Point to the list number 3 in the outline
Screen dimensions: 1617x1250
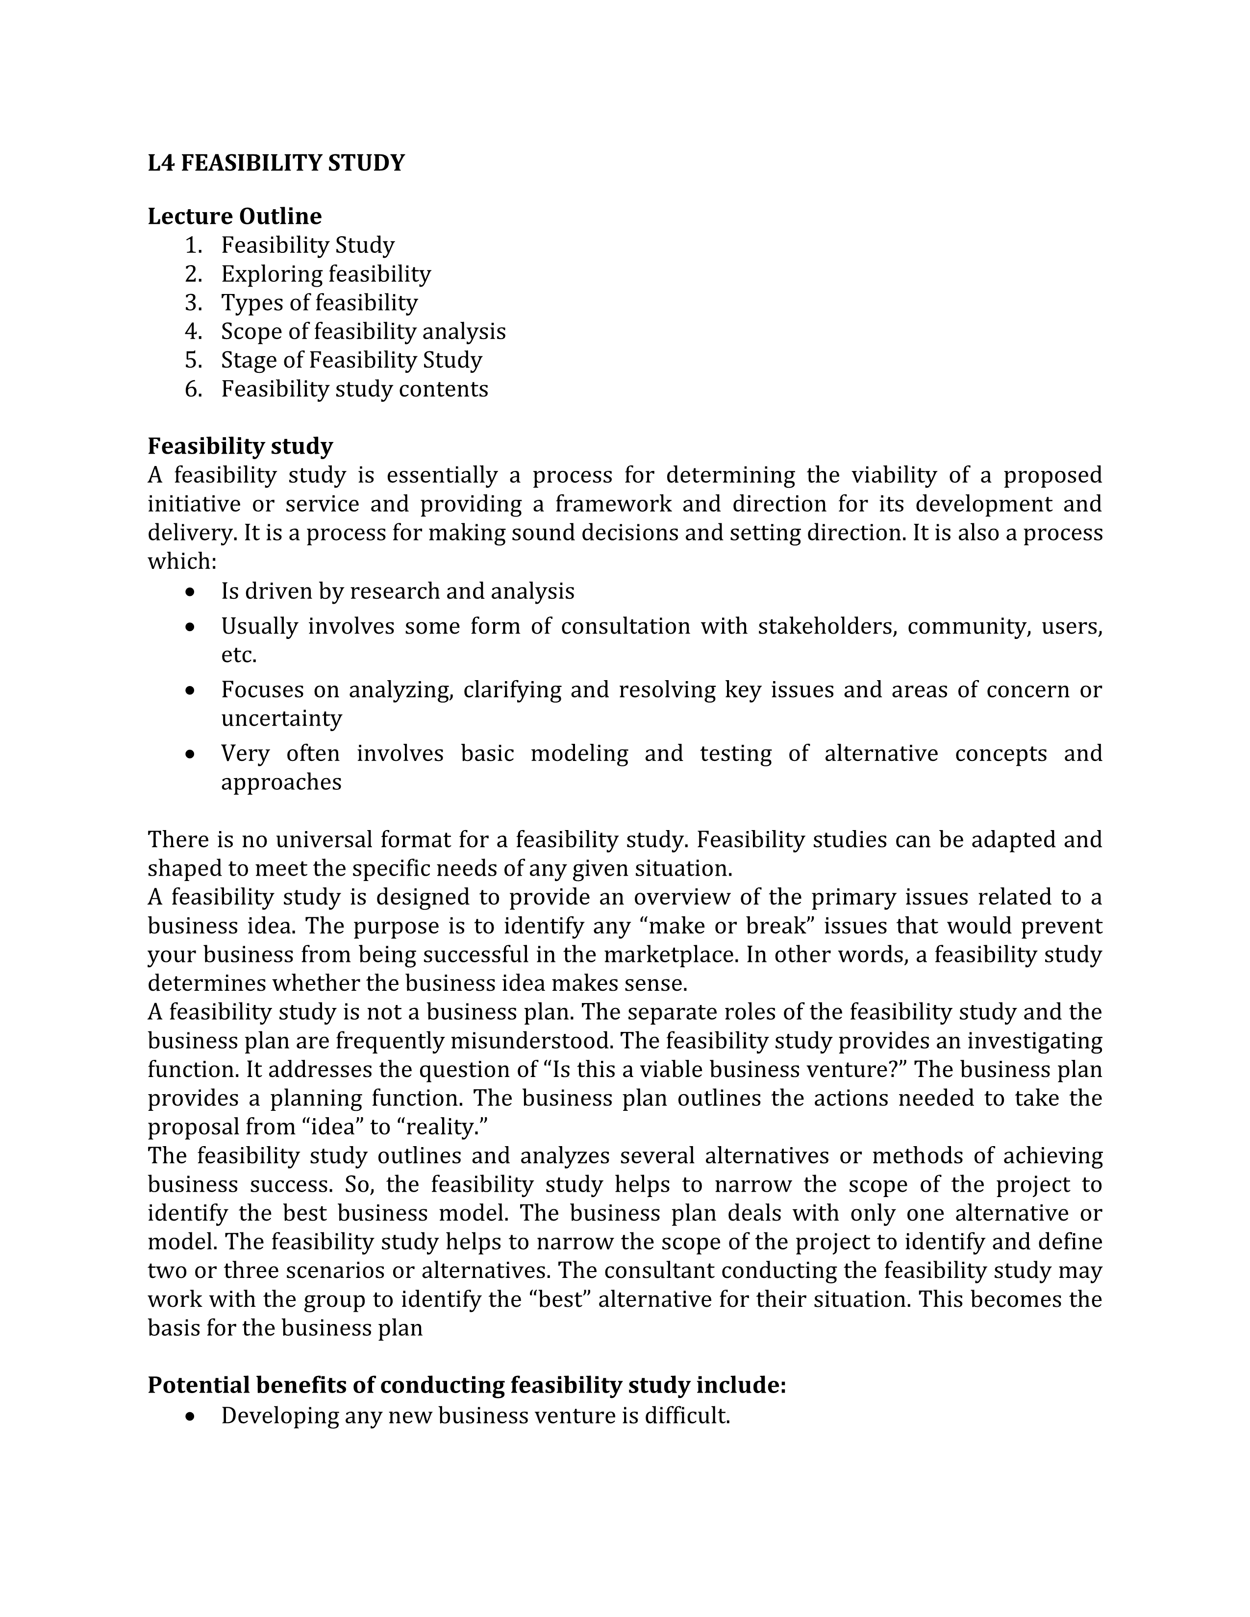point(193,303)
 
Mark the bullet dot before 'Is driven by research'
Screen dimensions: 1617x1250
point(191,592)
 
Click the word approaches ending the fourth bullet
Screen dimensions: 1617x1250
point(281,783)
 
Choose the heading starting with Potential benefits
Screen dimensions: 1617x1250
point(467,1385)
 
